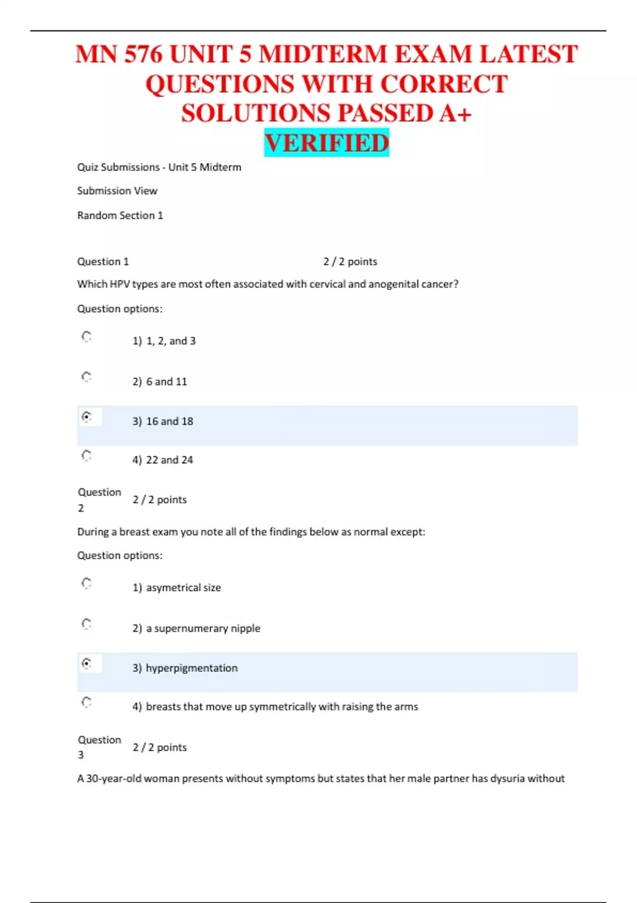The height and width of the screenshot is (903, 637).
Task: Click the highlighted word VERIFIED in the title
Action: click(326, 143)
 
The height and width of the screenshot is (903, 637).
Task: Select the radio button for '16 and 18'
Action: click(87, 417)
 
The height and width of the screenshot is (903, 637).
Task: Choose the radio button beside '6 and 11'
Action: click(87, 377)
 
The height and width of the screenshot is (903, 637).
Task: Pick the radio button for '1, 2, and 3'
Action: click(87, 336)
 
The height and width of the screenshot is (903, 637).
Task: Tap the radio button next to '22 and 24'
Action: click(87, 456)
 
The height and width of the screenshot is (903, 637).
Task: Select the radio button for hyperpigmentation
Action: click(87, 663)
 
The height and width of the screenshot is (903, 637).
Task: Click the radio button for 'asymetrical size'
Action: click(87, 583)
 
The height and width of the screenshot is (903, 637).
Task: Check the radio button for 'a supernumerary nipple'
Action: click(87, 624)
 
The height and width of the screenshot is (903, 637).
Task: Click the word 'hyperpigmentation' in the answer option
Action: click(192, 668)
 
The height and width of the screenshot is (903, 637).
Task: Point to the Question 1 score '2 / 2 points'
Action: click(350, 261)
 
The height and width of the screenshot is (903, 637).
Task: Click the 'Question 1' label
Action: click(103, 261)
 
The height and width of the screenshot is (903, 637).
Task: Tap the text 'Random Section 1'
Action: click(120, 215)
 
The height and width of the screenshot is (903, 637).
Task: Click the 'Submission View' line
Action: click(117, 191)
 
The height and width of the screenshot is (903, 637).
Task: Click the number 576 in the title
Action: click(143, 54)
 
